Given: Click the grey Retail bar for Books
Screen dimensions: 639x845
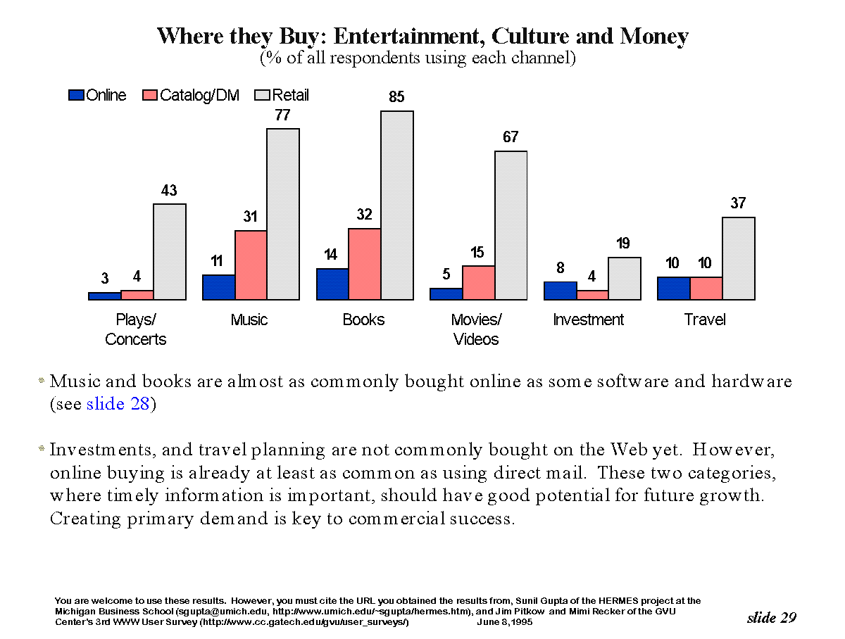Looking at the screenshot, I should coord(397,205).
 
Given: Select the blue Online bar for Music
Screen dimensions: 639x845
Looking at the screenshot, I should coord(219,287).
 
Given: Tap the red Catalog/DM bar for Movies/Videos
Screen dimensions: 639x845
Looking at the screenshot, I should coord(478,283).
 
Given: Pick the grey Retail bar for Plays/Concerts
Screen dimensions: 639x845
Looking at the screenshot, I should coord(170,252).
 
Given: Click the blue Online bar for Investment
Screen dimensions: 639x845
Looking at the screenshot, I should coord(561,291).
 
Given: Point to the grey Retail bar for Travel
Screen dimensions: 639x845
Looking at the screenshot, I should coord(739,258).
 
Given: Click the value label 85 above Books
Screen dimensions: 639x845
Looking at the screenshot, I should coord(397,97).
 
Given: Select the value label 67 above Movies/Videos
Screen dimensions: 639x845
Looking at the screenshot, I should coord(511,137).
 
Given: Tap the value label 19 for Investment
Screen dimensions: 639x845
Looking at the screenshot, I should coord(623,244).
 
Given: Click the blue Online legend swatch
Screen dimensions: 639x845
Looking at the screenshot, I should coord(76,96).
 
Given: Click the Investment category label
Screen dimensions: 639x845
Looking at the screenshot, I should coord(589,320).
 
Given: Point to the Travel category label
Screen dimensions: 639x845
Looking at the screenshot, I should coord(705,320).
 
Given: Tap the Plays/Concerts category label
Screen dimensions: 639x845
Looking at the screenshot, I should coord(136,329).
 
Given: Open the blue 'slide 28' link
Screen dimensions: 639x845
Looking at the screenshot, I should coord(118,405).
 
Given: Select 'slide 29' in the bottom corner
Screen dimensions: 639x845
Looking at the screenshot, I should coord(772,618).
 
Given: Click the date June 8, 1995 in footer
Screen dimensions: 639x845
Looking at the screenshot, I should coord(505,622).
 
